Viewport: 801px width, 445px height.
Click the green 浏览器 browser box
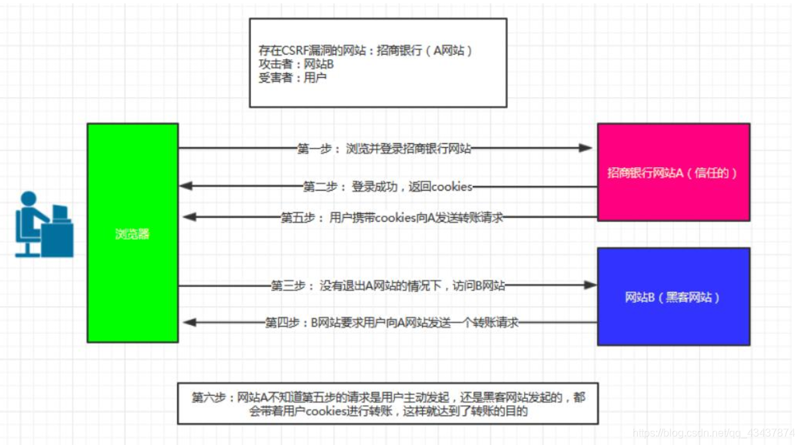click(x=132, y=233)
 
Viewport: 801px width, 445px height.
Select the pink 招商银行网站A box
click(x=673, y=172)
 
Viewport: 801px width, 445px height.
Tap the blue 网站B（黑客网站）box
click(x=673, y=297)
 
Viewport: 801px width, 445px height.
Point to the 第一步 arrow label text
click(x=384, y=149)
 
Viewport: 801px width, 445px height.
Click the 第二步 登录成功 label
click(x=388, y=187)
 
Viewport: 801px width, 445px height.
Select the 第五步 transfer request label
click(x=392, y=217)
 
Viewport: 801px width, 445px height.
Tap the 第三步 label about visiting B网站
click(x=388, y=286)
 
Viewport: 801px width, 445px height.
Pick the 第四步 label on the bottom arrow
click(x=392, y=323)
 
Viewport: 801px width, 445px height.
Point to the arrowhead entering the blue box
click(x=590, y=285)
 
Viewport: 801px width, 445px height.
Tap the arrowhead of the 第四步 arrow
click(x=188, y=323)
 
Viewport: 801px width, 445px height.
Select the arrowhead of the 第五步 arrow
click(x=188, y=217)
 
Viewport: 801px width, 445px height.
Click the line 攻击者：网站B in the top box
click(x=296, y=64)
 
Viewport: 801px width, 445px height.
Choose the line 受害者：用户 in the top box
click(x=292, y=77)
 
